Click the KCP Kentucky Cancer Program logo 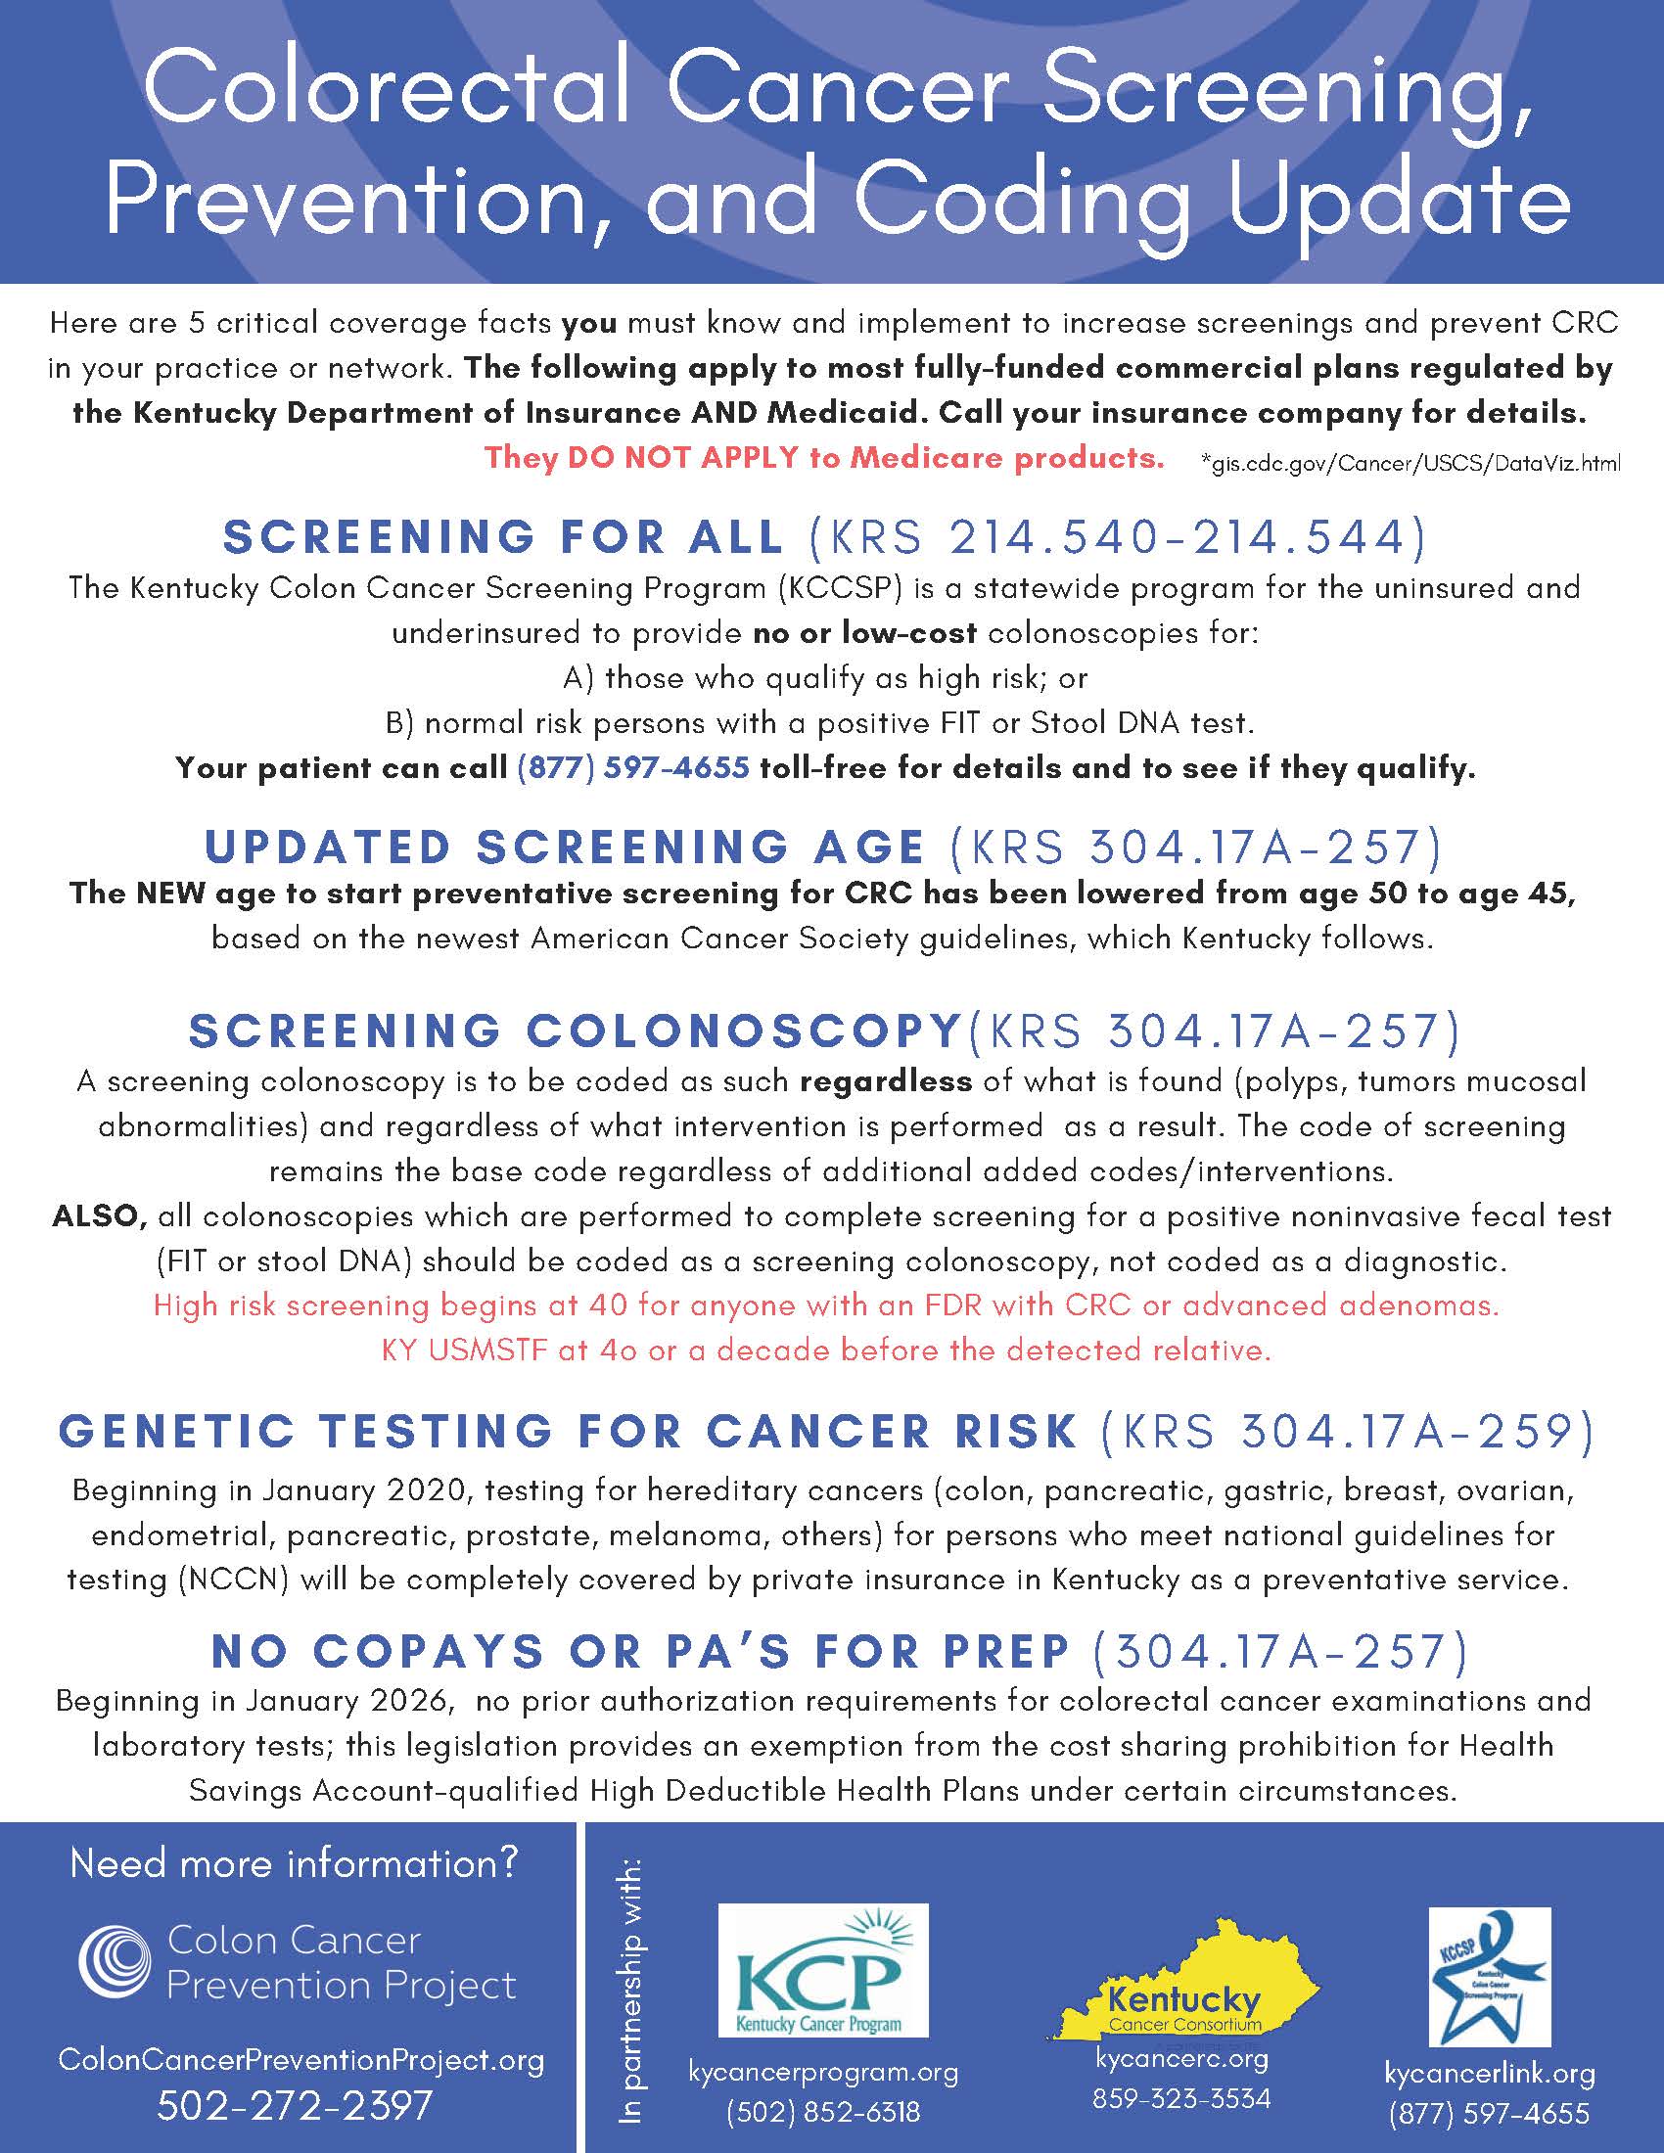[x=823, y=1971]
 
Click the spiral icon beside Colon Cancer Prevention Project [x=115, y=1963]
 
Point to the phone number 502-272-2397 [x=295, y=2105]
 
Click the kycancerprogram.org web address [x=823, y=2072]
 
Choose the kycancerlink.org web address [x=1490, y=2073]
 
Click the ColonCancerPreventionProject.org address [x=300, y=2059]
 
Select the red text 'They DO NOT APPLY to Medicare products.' [x=825, y=457]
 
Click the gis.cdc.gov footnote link [x=1410, y=462]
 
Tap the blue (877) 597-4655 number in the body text [x=632, y=768]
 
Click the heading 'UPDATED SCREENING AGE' [x=565, y=847]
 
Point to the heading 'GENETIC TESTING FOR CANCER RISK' [x=568, y=1432]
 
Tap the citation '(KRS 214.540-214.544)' [x=1117, y=537]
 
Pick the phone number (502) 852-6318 [x=823, y=2112]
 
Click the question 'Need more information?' [x=295, y=1863]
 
